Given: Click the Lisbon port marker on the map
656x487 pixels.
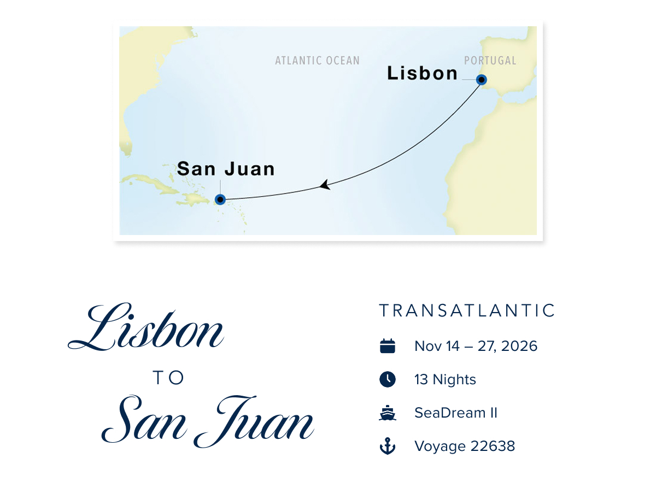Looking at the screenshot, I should pyautogui.click(x=481, y=80).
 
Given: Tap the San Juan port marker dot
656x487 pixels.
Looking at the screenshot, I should pyautogui.click(x=220, y=200).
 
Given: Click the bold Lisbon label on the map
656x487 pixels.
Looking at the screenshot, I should pyautogui.click(x=422, y=73).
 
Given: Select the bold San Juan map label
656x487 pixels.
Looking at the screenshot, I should pyautogui.click(x=226, y=168).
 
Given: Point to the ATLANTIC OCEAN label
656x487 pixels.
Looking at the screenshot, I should pyautogui.click(x=317, y=61).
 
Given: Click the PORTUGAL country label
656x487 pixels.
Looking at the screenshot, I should pyautogui.click(x=490, y=61).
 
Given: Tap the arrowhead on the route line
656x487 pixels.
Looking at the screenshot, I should pyautogui.click(x=325, y=185).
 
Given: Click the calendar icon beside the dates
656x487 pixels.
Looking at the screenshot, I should pyautogui.click(x=388, y=346).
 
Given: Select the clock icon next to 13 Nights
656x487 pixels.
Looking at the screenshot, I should pyautogui.click(x=388, y=379).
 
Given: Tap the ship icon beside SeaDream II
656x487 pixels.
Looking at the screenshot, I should pyautogui.click(x=388, y=413).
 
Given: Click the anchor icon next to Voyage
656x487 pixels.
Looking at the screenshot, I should pyautogui.click(x=388, y=447).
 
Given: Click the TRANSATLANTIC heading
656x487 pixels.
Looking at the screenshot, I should pyautogui.click(x=467, y=311).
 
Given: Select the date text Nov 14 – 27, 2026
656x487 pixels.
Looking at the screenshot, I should pyautogui.click(x=476, y=346).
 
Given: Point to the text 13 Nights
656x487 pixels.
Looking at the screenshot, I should pyautogui.click(x=445, y=379).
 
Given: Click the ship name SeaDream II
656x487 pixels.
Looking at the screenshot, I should pyautogui.click(x=456, y=413).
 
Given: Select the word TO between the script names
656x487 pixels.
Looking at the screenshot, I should pyautogui.click(x=169, y=378).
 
